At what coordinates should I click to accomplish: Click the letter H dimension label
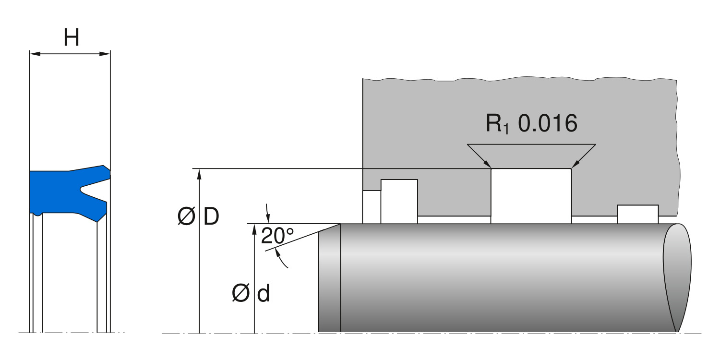72,37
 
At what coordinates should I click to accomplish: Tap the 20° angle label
277,236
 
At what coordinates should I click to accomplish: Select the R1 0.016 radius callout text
531,124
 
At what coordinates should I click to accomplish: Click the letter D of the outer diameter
211,217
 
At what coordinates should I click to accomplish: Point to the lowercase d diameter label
264,294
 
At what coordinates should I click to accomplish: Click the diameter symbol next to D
186,217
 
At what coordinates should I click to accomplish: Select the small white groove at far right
637,214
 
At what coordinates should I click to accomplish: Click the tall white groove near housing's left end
399,201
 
